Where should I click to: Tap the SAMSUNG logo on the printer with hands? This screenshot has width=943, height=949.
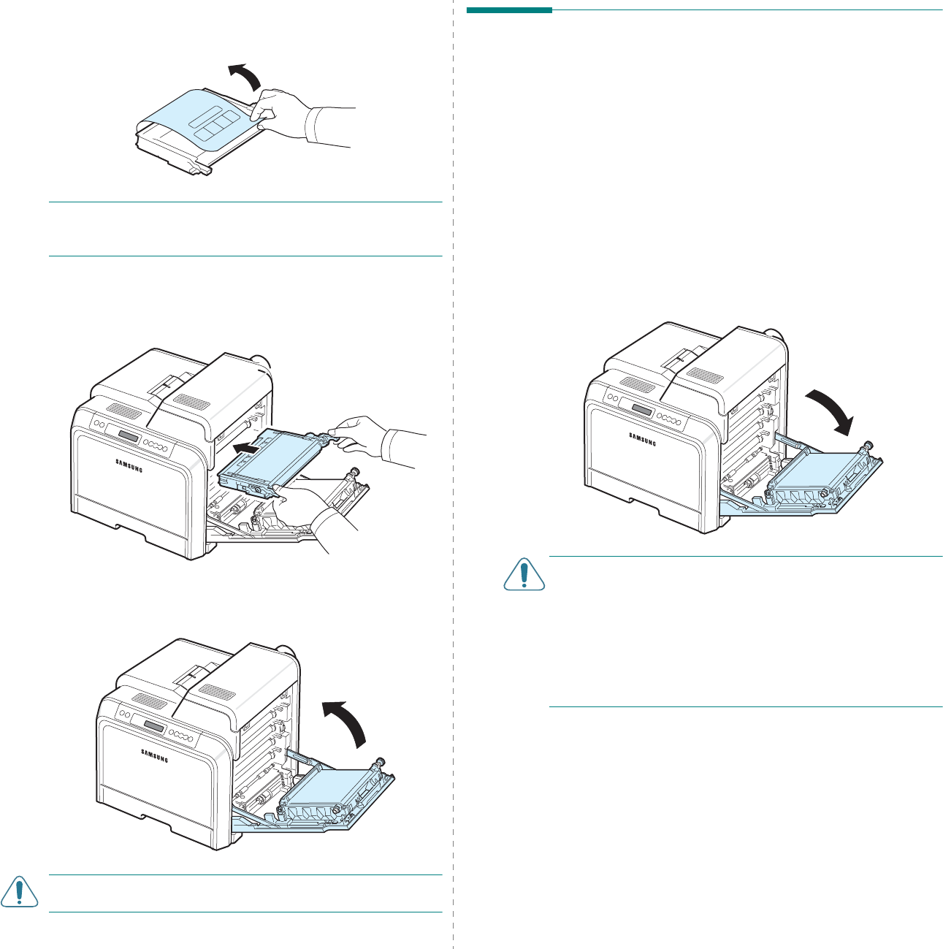127,464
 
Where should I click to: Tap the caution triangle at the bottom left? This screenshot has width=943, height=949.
19,893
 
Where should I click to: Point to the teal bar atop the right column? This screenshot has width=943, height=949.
509,10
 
